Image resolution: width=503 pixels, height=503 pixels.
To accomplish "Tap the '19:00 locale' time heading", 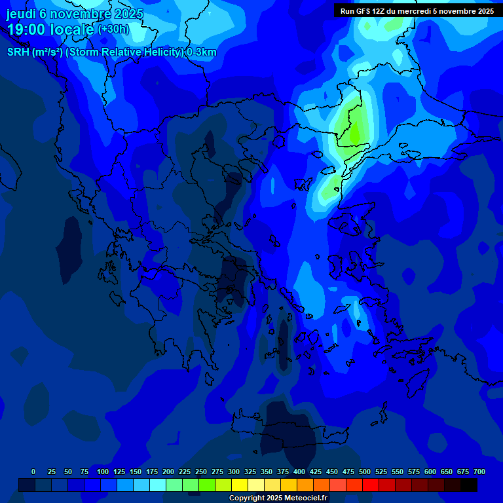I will coord(50,29).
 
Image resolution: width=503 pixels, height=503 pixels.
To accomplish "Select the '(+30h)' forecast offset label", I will coord(113,29).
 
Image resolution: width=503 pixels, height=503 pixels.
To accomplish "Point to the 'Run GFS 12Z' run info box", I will coord(417,11).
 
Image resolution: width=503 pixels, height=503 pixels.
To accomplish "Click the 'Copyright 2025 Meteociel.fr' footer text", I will coord(278,498).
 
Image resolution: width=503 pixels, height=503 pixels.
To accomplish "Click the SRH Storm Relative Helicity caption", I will coord(111,52).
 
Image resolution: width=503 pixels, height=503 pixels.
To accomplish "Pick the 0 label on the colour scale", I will coord(33,472).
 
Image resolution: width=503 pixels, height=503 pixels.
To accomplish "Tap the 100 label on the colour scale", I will coord(103,472).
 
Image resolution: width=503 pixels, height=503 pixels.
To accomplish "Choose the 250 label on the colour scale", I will coord(201,472).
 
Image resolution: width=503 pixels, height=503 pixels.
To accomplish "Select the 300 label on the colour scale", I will coord(234,472).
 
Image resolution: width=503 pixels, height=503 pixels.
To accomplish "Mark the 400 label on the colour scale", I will coord(299,472).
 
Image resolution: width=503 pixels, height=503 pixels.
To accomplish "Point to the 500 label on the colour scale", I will coord(365,472).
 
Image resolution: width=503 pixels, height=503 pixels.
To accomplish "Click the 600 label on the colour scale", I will coord(430,472).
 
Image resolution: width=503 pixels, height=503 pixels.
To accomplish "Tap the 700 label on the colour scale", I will coord(479,472).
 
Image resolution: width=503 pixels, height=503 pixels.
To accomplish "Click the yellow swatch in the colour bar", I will coord(240,485).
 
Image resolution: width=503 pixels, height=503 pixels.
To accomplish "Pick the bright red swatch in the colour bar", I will coord(371,485).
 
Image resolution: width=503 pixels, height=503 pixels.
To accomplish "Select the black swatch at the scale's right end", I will coord(469,485).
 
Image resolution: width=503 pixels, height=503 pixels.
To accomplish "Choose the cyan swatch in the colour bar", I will coord(158,485).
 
